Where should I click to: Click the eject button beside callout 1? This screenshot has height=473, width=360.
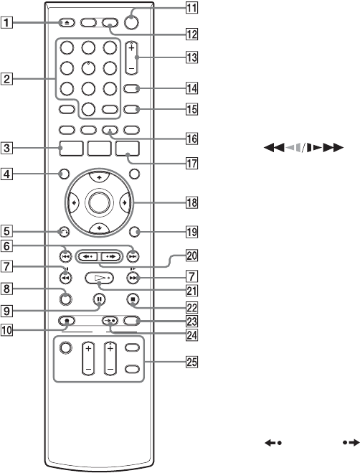click(x=67, y=22)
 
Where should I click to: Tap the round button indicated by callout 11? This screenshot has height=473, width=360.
click(x=131, y=22)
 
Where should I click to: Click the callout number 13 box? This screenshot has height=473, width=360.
click(x=191, y=57)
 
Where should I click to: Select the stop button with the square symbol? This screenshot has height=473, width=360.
click(x=133, y=299)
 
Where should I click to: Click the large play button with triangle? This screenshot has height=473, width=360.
click(x=99, y=278)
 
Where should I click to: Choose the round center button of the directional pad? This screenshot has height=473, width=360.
click(x=99, y=202)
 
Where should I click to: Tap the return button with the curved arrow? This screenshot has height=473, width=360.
click(x=64, y=232)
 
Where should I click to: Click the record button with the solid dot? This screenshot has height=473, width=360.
click(x=67, y=320)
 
